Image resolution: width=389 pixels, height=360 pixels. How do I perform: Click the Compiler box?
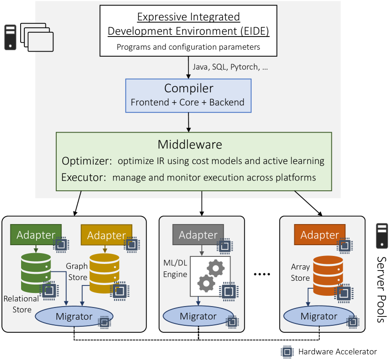click(188, 96)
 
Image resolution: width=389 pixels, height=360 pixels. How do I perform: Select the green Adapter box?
click(36, 235)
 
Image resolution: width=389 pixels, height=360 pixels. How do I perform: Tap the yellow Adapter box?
click(106, 235)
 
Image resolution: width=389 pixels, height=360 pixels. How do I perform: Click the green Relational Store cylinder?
click(36, 273)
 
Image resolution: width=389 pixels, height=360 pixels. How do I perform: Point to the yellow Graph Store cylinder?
click(104, 273)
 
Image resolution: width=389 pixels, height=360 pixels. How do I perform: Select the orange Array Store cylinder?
click(328, 275)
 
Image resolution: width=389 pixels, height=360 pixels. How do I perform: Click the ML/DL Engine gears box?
click(210, 276)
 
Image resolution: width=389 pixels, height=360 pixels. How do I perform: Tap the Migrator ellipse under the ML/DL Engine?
click(198, 316)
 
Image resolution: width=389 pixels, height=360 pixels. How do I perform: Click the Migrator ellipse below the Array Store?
click(319, 316)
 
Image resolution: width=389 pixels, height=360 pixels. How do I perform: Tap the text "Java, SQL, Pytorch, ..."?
click(230, 67)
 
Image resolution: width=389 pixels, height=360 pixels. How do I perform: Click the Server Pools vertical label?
click(382, 289)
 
